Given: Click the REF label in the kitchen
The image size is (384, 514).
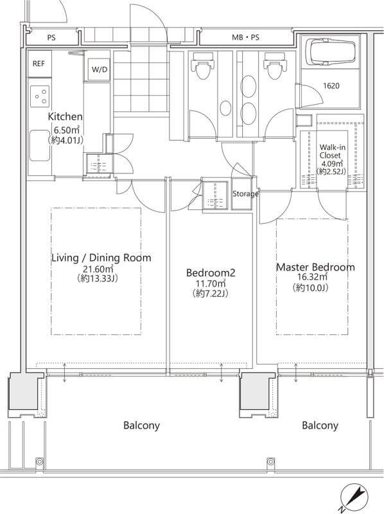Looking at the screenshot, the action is coord(39,64).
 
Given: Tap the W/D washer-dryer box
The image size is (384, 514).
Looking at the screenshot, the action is coord(100,69).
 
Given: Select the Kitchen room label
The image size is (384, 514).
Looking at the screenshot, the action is coord(65,116).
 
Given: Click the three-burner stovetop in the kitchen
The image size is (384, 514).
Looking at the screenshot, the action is coord(40,96).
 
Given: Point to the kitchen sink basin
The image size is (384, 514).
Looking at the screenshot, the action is coord(40,146).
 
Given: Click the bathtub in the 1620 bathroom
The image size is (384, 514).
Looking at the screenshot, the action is coord(330,52).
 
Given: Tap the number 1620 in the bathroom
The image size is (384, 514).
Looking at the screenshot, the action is coord(331,86).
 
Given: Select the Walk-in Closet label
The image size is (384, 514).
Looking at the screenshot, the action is coord(332,151).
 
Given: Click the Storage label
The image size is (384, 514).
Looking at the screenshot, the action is coord(245,194).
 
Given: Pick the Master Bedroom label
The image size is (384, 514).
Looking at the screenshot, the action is coord(315,267).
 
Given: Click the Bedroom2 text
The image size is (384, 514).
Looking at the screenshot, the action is coord(211,272).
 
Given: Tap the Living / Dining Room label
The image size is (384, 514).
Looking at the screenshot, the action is coord(101,258).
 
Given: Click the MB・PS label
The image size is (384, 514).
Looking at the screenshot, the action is coord(245,37).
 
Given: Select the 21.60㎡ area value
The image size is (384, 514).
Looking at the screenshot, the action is coord(98,269).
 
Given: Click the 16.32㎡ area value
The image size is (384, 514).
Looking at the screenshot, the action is coord(312,277).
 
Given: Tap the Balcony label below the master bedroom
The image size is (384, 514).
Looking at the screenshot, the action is coord(320,425).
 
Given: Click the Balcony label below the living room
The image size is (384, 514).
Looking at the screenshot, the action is coord(141,425).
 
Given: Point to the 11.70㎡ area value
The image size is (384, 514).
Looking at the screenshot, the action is coord(211,283).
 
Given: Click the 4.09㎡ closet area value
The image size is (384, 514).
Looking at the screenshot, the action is coord(331,164).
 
